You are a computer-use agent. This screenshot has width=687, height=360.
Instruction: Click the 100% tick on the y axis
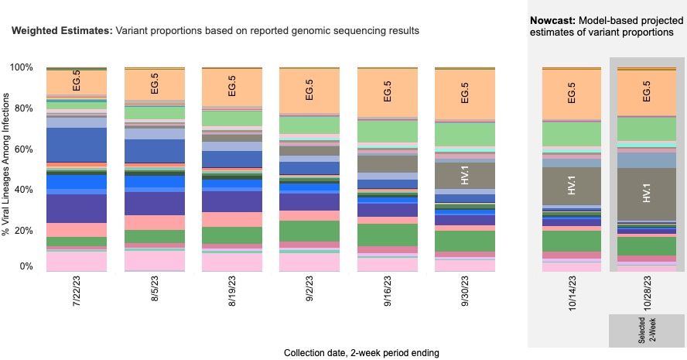(x=22, y=67)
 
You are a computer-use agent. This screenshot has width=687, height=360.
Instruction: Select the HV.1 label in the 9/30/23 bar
(x=464, y=176)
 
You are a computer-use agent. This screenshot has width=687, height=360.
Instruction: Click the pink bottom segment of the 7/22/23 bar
(x=76, y=262)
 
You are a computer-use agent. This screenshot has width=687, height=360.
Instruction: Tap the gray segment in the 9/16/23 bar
(x=387, y=163)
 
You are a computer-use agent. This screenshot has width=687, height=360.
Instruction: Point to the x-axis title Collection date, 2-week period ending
(x=361, y=352)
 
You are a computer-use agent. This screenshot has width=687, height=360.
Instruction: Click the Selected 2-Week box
(x=647, y=330)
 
